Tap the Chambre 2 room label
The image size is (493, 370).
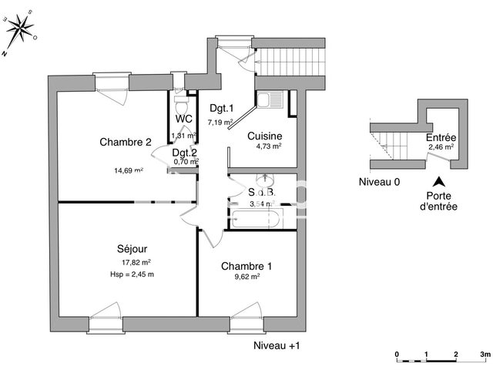pyautogui.click(x=125, y=141)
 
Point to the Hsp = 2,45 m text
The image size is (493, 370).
pyautogui.click(x=132, y=274)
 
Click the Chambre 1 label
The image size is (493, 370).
pyautogui.click(x=246, y=267)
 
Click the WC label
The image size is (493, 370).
pyautogui.click(x=183, y=119)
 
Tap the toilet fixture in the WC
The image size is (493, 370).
pyautogui.click(x=182, y=101)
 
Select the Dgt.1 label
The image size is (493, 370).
pyautogui.click(x=221, y=109)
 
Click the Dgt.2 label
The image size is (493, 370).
pyautogui.click(x=184, y=153)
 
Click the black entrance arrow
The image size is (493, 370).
pyautogui.click(x=438, y=183)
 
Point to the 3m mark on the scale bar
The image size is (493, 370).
pyautogui.click(x=484, y=354)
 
